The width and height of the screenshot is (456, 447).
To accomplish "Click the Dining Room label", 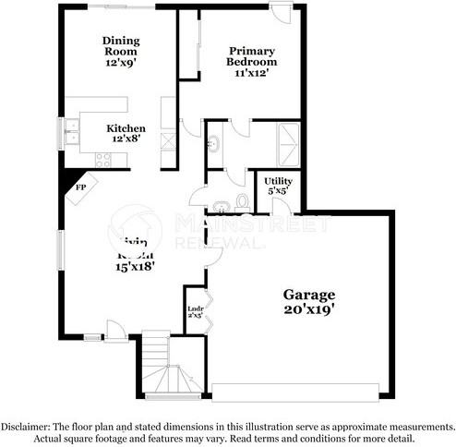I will click(x=120, y=46).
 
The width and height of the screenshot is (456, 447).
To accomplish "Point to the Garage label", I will click(x=309, y=295).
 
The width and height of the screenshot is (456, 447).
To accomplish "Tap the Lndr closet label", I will click(x=195, y=309).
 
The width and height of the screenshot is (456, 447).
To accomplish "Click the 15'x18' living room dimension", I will click(x=135, y=266).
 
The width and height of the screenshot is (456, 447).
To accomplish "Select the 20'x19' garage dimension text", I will click(x=309, y=311).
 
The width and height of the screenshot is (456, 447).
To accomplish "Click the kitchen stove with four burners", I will click(x=102, y=158).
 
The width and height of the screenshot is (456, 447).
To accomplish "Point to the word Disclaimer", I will click(x=25, y=427).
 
